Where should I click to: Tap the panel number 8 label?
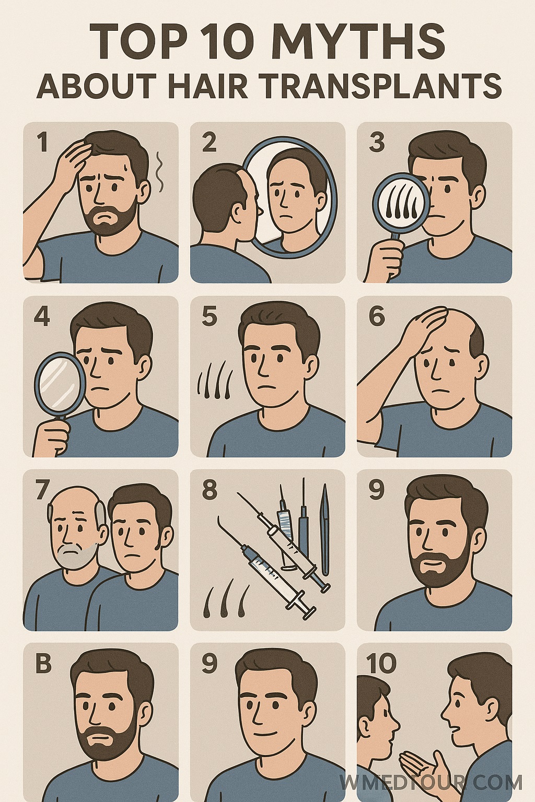pyautogui.click(x=210, y=490)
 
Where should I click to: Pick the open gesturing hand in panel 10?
pyautogui.click(x=422, y=753)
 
